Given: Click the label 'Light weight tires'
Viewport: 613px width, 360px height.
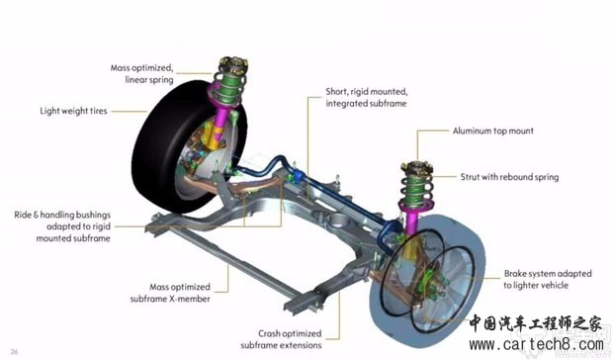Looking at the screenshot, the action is pyautogui.click(x=73, y=111).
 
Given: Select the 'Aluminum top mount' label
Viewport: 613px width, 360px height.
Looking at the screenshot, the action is pyautogui.click(x=493, y=131).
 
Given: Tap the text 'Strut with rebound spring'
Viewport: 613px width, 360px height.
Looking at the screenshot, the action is pyautogui.click(x=509, y=177).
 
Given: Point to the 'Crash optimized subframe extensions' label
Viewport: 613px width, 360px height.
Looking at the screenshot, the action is pyautogui.click(x=281, y=339).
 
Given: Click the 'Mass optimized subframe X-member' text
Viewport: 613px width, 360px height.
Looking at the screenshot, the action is pyautogui.click(x=170, y=293).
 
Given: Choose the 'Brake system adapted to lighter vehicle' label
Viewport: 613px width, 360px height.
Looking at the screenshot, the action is pyautogui.click(x=548, y=279).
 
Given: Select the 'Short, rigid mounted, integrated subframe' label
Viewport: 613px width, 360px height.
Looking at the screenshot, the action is pyautogui.click(x=366, y=97).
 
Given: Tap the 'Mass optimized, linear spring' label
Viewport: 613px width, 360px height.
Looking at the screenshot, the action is pyautogui.click(x=141, y=74).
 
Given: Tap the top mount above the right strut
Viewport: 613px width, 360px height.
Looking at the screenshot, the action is pyautogui.click(x=417, y=166).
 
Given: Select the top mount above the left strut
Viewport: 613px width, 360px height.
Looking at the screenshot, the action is pyautogui.click(x=233, y=63).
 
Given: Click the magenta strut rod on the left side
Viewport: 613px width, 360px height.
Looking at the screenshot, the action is pyautogui.click(x=221, y=118).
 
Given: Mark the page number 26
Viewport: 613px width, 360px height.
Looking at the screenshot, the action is pyautogui.click(x=14, y=352).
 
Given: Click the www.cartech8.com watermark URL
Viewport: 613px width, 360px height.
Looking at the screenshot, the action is pyautogui.click(x=536, y=344).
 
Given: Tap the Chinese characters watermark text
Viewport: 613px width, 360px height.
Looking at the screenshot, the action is pyautogui.click(x=535, y=323).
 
